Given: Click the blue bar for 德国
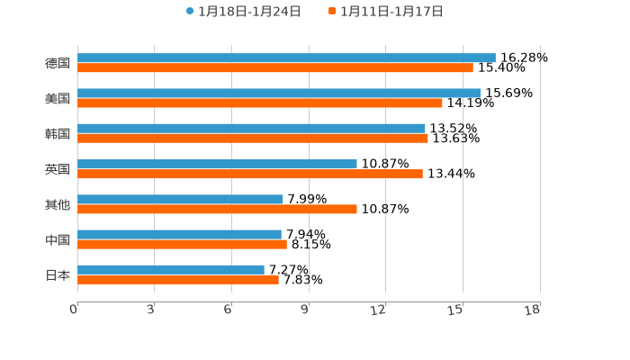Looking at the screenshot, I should coord(286,58).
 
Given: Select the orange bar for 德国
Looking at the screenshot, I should coord(275,67).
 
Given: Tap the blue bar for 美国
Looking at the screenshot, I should coord(279,93).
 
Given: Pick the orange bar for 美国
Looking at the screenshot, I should coord(260,103).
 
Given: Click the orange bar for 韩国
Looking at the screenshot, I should coord(253,138).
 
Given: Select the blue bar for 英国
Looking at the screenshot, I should coord(217,164).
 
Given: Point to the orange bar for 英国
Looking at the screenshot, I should coord(250,174).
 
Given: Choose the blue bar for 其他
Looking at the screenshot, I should coord(180,199).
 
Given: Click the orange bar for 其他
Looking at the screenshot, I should coord(217,209).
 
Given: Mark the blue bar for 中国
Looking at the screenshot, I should coord(179,234).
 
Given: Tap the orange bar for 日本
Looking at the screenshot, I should coord(178,279).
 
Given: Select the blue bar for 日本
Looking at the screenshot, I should coord(171,269).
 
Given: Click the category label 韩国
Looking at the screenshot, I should coord(58,134).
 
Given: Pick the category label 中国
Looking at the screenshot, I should coord(58,240).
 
